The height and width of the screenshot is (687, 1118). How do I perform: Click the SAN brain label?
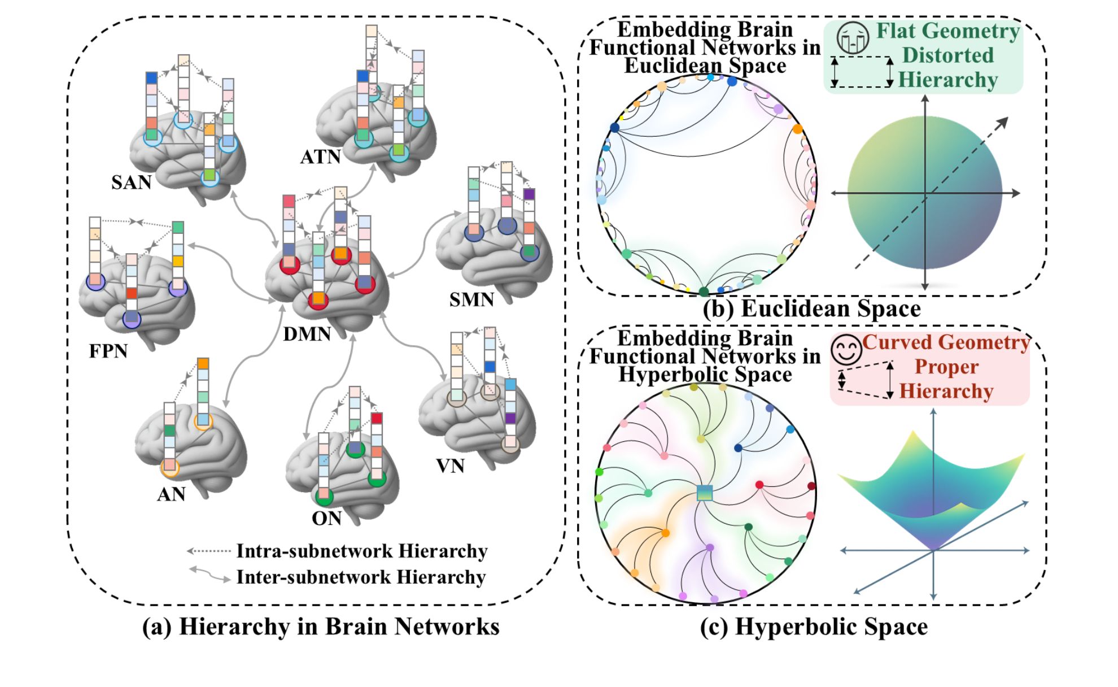[x=131, y=182]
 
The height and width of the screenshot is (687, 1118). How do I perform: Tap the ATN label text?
[x=320, y=156]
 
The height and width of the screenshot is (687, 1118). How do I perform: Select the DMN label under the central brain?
[x=307, y=334]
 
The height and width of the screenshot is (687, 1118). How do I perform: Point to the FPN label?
[x=108, y=351]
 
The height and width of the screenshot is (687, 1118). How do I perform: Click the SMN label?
[x=471, y=299]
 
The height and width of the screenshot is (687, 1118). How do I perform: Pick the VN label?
[x=450, y=466]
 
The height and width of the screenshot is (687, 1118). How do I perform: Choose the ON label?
[x=326, y=518]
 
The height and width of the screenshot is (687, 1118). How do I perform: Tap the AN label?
[x=171, y=494]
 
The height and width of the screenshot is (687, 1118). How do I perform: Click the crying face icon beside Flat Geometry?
[x=853, y=38]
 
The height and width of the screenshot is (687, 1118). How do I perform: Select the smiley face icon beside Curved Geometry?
[x=846, y=350]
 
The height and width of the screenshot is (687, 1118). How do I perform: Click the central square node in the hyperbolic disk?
[x=705, y=493]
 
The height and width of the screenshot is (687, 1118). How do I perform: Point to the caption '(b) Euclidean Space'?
[x=811, y=308]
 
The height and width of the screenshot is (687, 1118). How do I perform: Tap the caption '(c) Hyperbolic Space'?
[x=814, y=627]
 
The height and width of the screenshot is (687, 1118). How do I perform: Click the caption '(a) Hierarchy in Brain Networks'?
[x=321, y=627]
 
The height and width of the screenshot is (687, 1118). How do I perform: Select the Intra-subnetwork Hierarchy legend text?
[x=361, y=551]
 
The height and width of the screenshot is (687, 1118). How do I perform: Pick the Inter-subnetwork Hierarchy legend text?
[x=360, y=577]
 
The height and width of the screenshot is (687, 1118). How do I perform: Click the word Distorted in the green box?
[x=947, y=55]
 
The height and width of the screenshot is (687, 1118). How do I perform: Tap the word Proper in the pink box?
[x=946, y=367]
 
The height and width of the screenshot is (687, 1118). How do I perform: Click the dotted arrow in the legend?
[x=208, y=550]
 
